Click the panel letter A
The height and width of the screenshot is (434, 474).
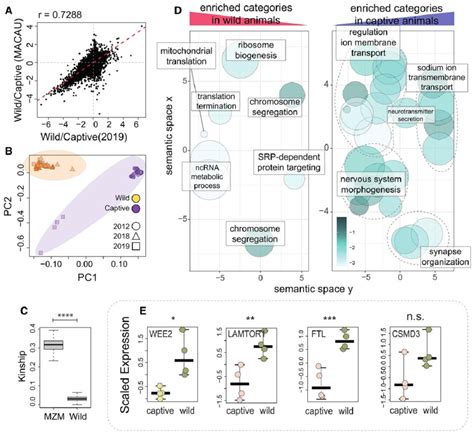(8, 9)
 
